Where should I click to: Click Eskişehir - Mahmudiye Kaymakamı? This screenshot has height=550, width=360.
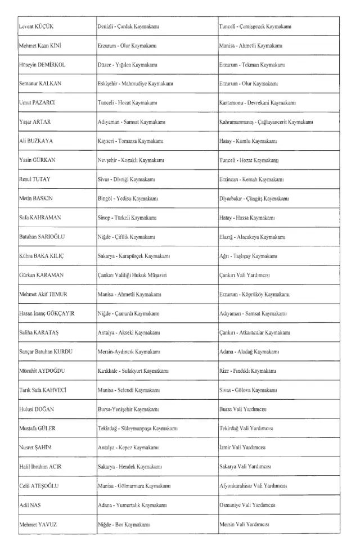[136, 84]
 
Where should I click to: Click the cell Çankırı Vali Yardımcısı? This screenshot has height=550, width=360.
[245, 275]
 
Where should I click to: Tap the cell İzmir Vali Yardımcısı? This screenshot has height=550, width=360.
[242, 448]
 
